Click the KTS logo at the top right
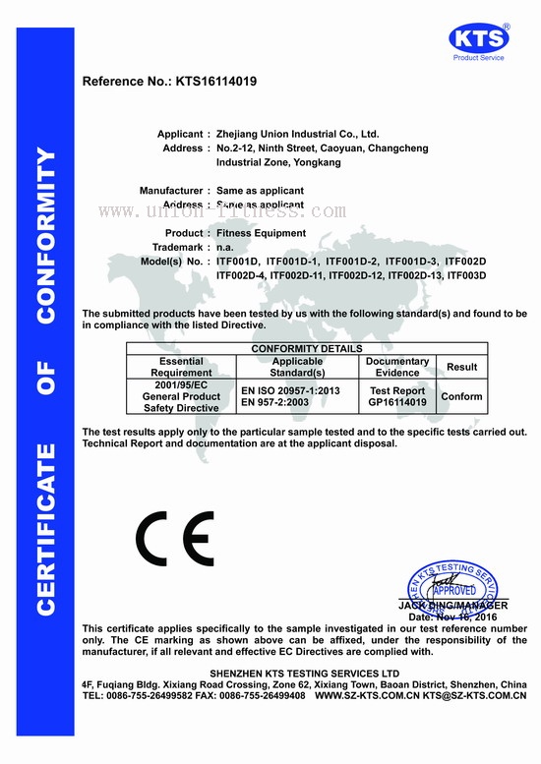click(479, 38)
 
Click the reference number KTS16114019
click(216, 82)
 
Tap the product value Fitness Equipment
click(261, 233)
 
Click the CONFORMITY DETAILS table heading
click(307, 349)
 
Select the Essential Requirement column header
click(181, 367)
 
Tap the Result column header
click(461, 367)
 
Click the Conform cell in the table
click(461, 396)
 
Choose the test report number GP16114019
click(396, 402)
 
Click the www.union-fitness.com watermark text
click(221, 211)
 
